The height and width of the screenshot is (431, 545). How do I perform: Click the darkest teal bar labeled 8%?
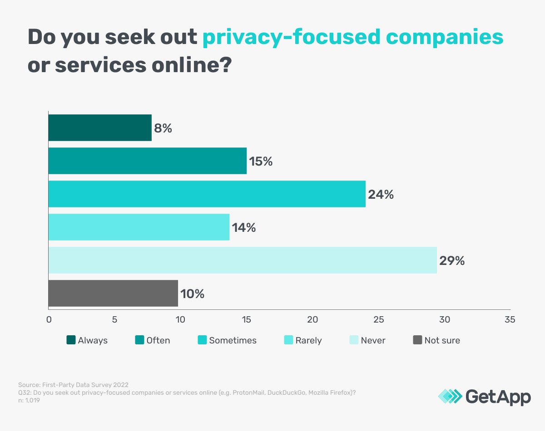pos(100,128)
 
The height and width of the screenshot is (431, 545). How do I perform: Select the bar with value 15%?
pos(148,161)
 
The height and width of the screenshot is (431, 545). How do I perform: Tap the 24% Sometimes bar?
pos(207,194)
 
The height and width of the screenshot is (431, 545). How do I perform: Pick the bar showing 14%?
pos(139,227)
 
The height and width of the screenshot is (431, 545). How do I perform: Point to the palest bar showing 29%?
pos(243,260)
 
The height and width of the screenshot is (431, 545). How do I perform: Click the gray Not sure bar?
pos(113,294)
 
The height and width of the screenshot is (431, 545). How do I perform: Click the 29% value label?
pos(452,261)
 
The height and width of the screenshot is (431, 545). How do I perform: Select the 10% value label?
pos(192,294)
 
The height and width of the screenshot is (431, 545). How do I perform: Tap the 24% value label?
pos(381,195)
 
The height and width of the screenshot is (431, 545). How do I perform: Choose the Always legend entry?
pos(87,340)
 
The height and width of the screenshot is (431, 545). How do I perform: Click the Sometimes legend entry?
pos(227,340)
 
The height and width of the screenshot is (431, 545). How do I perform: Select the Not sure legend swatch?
pos(418,340)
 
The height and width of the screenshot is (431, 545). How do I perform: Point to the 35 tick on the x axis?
pos(510,319)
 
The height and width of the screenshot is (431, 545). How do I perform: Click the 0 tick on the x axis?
pos(49,319)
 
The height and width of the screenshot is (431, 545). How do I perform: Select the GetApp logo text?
pos(498,397)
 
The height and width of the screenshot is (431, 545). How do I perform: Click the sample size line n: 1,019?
pos(29,401)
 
